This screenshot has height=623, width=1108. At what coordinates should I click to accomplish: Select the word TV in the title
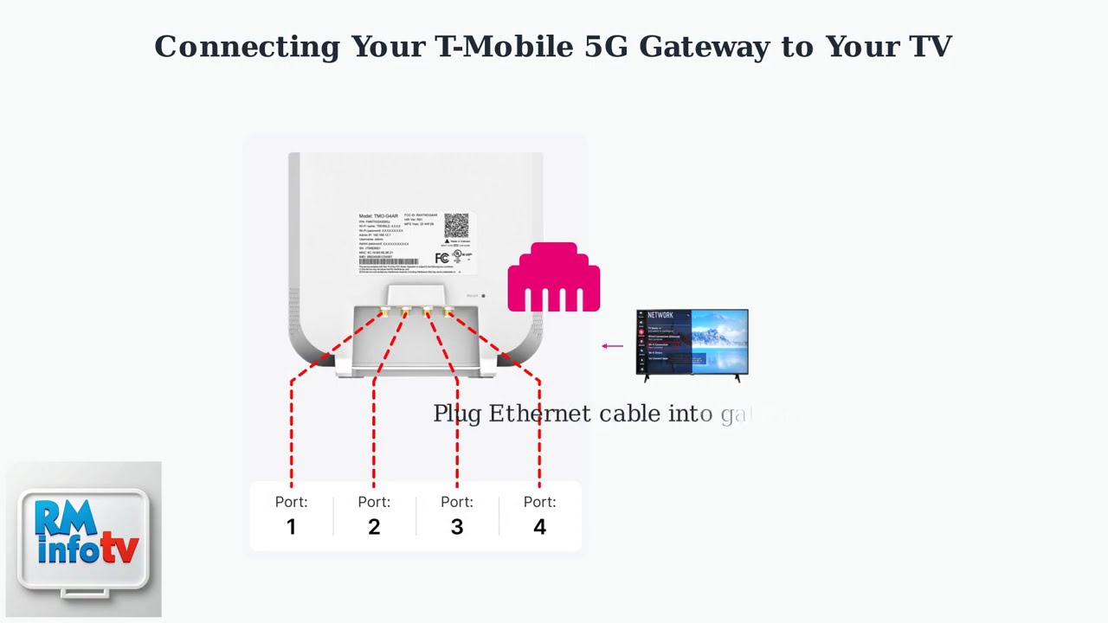pos(931,47)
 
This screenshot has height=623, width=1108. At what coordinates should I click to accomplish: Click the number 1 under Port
pos(291,526)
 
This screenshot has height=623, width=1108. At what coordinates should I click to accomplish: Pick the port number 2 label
pos(374,526)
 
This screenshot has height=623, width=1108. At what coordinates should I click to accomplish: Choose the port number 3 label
pos(457,526)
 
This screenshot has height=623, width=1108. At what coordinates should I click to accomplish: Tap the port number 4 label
pos(539,526)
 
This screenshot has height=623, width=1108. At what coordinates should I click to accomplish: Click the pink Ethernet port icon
pos(554,278)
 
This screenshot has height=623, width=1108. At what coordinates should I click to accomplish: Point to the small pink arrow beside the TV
pos(612,346)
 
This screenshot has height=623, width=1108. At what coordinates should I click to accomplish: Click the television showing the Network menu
pos(692,344)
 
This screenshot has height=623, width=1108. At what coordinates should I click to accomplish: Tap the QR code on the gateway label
pos(456,227)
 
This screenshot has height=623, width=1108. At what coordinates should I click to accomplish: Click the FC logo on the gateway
pos(442,258)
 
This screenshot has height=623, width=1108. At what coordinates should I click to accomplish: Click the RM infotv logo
pos(84,540)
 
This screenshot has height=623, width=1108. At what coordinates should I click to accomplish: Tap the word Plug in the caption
pos(457,414)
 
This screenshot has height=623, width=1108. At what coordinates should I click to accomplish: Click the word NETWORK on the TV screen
pos(660,315)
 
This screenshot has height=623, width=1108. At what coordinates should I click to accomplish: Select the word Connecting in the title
pos(247,47)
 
